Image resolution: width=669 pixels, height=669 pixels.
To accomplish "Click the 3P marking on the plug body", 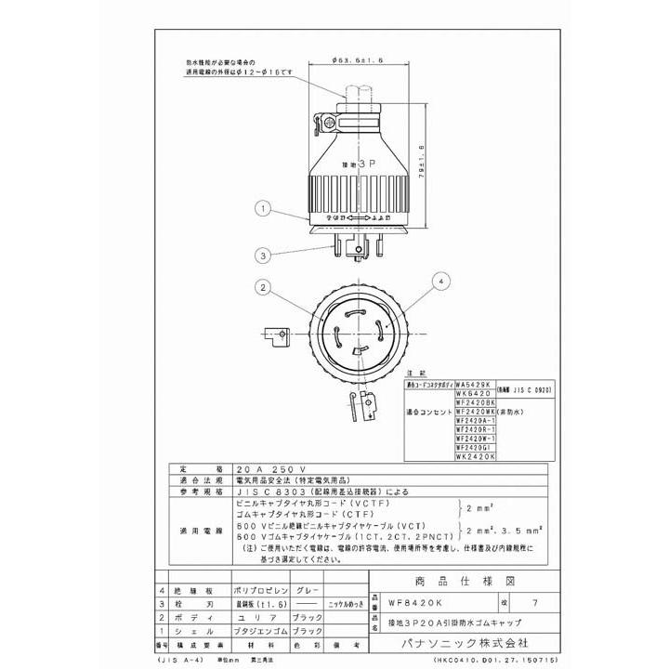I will click(359, 160).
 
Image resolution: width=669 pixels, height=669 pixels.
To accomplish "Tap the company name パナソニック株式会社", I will click(450, 641).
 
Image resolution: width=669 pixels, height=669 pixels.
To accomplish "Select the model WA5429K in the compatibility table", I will click(473, 383).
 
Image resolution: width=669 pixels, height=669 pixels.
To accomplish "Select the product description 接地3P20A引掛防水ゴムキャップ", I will click(450, 623).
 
